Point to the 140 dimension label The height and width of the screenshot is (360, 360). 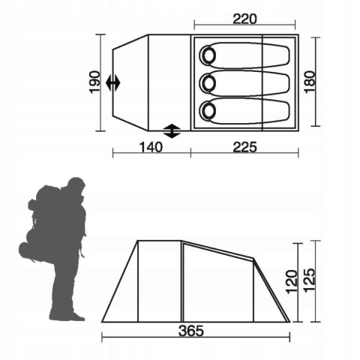click(151, 147)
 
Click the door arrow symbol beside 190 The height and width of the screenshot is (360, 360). click(112, 82)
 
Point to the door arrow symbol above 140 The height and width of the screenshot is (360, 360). click(172, 130)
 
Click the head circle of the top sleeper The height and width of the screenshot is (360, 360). click(208, 55)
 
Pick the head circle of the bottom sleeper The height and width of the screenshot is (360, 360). click(208, 110)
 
